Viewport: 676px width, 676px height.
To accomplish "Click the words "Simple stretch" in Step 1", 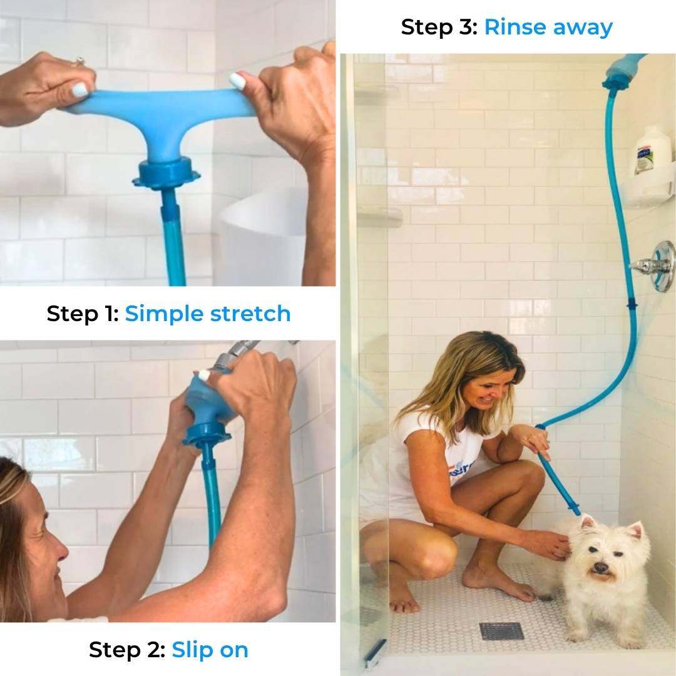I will point(208,314).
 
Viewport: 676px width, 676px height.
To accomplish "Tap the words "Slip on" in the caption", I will point(210,650).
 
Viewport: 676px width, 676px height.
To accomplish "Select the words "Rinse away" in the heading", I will point(548,27).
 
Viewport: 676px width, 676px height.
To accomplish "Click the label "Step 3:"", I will point(439,27).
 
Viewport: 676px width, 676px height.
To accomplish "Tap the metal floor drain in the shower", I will point(501,631).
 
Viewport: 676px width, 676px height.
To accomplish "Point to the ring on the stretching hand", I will point(79,62).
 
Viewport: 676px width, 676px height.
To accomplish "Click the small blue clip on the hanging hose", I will point(630,307).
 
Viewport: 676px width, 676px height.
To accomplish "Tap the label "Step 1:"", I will point(83,314).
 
